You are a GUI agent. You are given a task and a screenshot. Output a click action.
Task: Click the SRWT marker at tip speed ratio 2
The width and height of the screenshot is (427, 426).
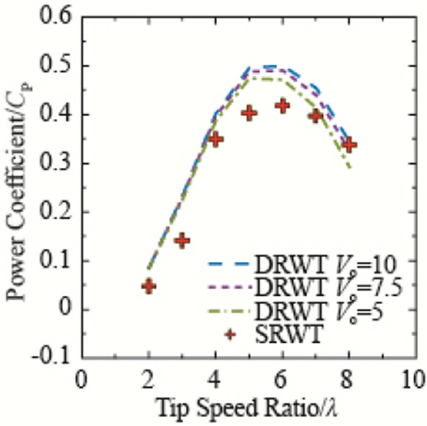(149, 286)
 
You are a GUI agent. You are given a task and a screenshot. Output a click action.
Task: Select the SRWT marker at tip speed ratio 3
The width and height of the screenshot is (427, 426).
(182, 241)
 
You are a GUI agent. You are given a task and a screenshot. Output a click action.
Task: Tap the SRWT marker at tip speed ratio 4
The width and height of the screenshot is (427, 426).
(216, 140)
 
